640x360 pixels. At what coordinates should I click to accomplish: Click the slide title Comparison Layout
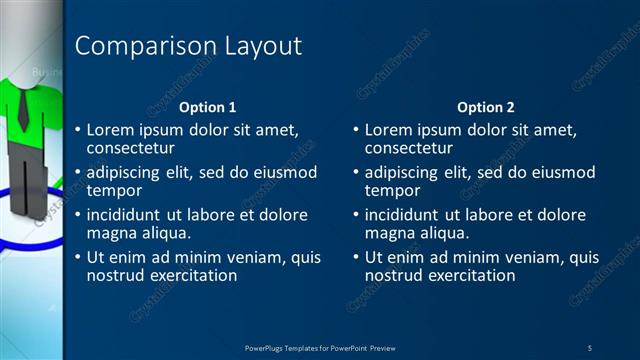[x=188, y=46]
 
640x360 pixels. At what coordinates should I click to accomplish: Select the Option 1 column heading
[x=208, y=107]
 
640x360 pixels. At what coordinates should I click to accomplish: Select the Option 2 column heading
[x=486, y=107]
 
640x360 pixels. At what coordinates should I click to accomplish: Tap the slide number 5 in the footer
[x=590, y=346]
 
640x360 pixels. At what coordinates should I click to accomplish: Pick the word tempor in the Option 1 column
[x=113, y=190]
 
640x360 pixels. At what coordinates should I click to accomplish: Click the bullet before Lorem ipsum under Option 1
[x=78, y=131]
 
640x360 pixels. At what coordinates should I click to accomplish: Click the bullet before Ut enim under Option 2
[x=356, y=258]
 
